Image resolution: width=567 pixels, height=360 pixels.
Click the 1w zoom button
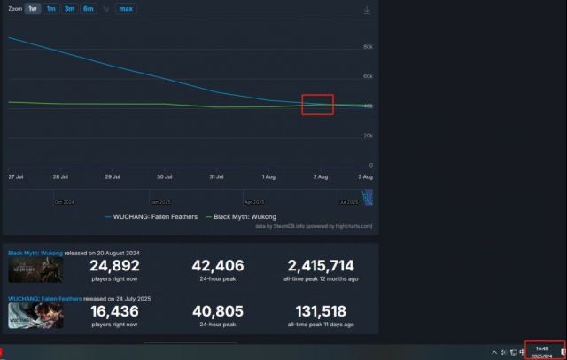(x=33, y=9)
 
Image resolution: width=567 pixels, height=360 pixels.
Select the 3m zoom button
(x=69, y=9)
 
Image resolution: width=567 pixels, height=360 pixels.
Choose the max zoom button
(x=126, y=9)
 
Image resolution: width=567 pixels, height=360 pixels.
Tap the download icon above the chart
(x=367, y=10)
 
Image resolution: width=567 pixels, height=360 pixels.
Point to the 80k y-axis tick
(x=368, y=46)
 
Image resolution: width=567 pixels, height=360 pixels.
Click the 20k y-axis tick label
(x=368, y=136)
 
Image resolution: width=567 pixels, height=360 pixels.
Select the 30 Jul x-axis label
(x=165, y=177)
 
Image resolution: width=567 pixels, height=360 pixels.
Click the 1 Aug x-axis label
(x=268, y=177)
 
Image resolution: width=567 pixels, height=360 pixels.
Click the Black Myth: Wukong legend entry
(x=242, y=216)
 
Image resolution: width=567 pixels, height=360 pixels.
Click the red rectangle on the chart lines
(x=317, y=105)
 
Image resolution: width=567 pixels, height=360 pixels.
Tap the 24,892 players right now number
(x=115, y=265)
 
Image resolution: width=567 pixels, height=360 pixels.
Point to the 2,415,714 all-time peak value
(x=321, y=265)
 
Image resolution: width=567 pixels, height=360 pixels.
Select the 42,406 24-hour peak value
(x=218, y=265)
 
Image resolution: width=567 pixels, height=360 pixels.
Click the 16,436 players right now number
(x=115, y=313)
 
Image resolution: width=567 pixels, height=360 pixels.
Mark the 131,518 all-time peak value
(x=321, y=313)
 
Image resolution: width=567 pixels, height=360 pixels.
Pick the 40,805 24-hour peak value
(x=218, y=313)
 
